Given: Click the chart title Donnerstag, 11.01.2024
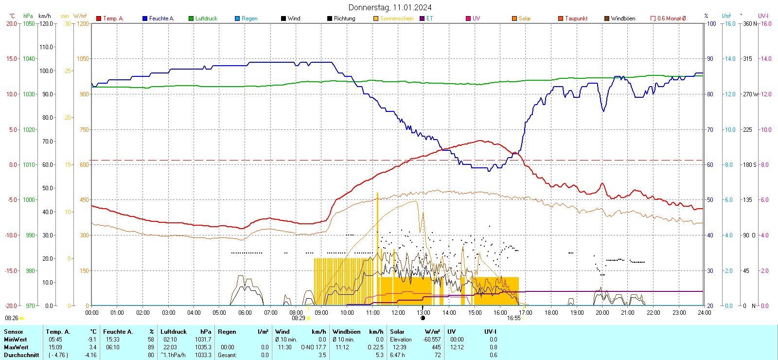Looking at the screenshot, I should click(x=390, y=7).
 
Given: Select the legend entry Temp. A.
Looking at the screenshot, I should click(x=113, y=18).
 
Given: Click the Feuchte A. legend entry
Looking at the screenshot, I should click(x=161, y=18).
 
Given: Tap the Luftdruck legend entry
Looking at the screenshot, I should click(x=206, y=18).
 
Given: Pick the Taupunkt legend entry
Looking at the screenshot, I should click(x=576, y=18).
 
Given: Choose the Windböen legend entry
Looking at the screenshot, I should click(x=622, y=18).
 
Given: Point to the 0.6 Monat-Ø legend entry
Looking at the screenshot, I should click(x=671, y=18).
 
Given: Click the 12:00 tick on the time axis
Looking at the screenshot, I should click(x=398, y=312).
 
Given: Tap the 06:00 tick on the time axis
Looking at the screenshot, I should click(x=245, y=312).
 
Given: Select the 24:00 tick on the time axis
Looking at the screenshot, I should click(x=704, y=312).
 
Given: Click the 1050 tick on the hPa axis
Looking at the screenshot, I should click(x=29, y=23).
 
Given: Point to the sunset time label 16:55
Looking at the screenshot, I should click(x=513, y=318).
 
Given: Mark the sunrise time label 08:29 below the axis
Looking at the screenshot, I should click(x=299, y=318).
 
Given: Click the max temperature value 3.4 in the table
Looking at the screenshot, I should click(x=92, y=347).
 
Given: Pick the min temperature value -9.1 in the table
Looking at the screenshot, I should click(x=92, y=340).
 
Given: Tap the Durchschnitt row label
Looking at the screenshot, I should click(x=21, y=355).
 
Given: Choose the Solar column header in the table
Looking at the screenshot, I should click(x=397, y=332).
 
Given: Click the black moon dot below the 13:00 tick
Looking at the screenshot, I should click(x=423, y=318).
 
